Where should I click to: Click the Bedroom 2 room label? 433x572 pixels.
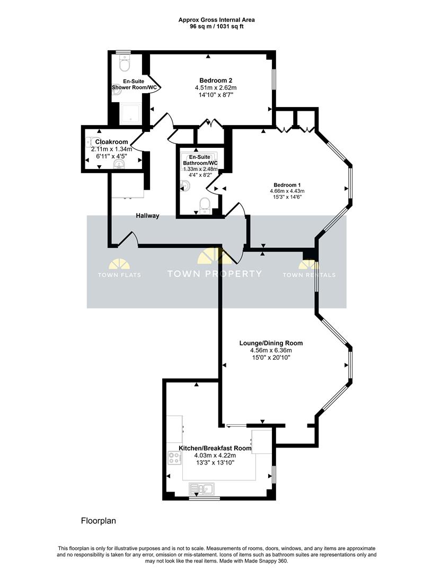216,81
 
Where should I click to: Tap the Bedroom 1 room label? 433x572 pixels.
287,185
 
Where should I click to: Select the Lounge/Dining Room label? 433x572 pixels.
271,343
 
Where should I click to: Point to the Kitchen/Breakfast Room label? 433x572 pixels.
215,448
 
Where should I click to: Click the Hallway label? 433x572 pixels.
147,216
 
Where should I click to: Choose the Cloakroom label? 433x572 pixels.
111,141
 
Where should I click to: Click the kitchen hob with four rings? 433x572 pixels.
174,458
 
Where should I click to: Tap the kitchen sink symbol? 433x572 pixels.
202,488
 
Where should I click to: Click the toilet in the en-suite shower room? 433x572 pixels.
125,64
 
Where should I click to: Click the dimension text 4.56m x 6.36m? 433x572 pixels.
271,350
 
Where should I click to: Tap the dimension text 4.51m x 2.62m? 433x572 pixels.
216,87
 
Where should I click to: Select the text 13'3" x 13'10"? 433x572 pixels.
215,462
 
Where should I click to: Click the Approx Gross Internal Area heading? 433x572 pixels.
216,20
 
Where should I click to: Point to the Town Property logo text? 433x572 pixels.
214,274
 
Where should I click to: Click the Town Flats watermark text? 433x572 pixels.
119,275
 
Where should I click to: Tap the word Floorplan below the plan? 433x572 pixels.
99,521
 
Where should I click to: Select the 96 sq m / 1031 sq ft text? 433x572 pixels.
216,26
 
